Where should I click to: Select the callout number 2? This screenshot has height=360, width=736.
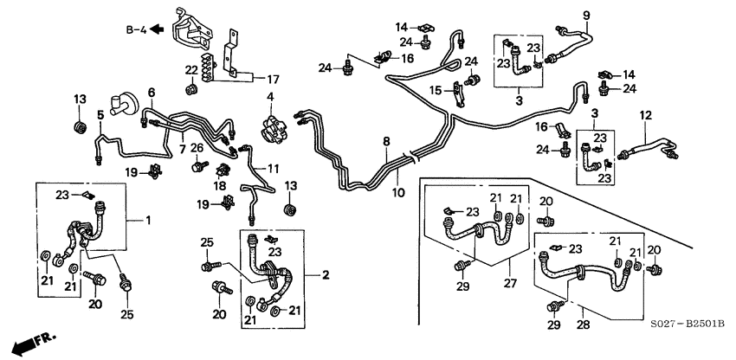click(326, 275)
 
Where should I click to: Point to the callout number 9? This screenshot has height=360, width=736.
click(585, 15)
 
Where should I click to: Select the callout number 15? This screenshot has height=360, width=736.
click(437, 89)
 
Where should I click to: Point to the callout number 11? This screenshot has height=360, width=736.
click(274, 167)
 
